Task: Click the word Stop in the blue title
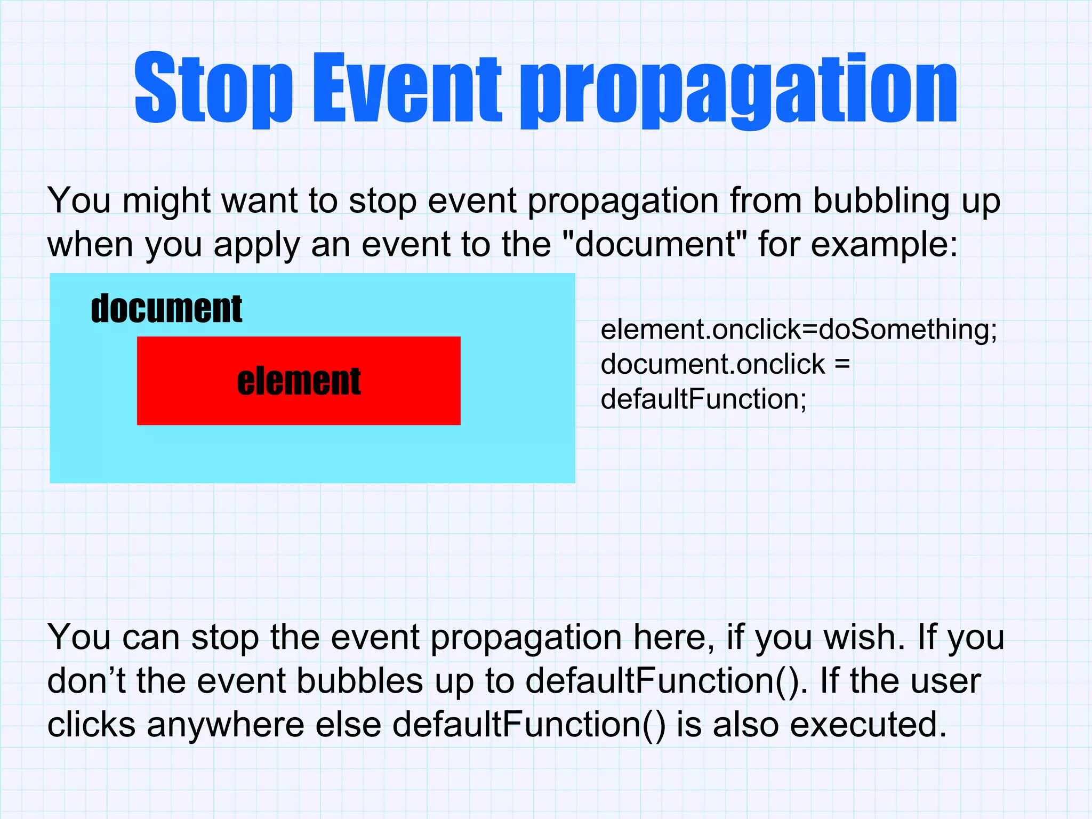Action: click(x=213, y=88)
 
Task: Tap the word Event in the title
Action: click(x=406, y=88)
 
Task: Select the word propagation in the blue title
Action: click(x=738, y=91)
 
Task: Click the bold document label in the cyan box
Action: click(x=166, y=309)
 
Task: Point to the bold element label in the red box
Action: click(x=299, y=381)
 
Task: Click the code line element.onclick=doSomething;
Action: click(x=798, y=330)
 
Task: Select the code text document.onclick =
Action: click(x=725, y=364)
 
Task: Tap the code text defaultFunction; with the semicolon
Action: click(x=703, y=399)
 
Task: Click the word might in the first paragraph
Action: click(x=166, y=201)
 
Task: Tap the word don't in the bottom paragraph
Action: click(x=86, y=681)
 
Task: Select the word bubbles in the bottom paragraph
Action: click(x=359, y=681)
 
